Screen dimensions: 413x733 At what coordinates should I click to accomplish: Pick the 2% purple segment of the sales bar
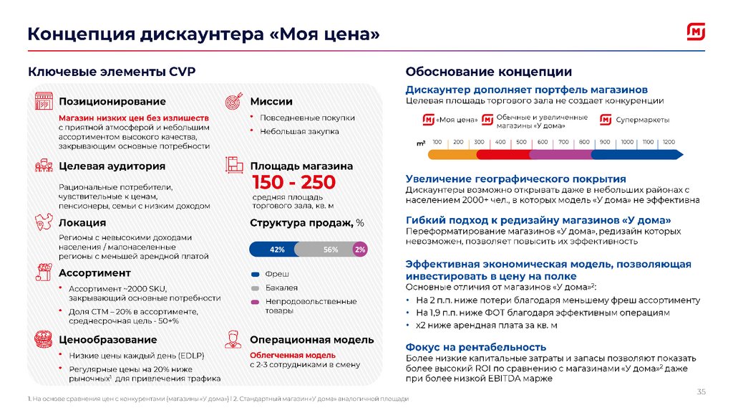[359, 250]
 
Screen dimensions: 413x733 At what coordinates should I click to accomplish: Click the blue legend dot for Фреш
[255, 274]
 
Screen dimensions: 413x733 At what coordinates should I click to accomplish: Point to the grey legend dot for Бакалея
[255, 288]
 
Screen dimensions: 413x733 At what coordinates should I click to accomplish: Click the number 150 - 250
[293, 182]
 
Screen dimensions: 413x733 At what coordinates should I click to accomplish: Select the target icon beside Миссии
[235, 102]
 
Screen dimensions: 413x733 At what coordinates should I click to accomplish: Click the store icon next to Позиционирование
[44, 101]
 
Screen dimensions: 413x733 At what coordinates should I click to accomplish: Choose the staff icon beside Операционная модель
[234, 339]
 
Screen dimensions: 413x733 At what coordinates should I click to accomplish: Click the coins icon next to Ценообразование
[44, 338]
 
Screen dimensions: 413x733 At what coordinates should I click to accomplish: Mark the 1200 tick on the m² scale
[669, 143]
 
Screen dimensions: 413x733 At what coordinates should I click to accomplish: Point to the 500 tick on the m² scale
[521, 143]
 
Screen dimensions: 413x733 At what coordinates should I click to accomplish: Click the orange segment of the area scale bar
[453, 153]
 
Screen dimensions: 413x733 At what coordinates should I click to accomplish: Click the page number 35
[701, 391]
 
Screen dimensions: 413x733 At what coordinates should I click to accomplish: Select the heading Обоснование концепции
[488, 72]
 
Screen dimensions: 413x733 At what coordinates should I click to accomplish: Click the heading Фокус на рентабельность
[475, 347]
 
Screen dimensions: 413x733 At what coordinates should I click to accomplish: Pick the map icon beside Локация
[44, 224]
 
